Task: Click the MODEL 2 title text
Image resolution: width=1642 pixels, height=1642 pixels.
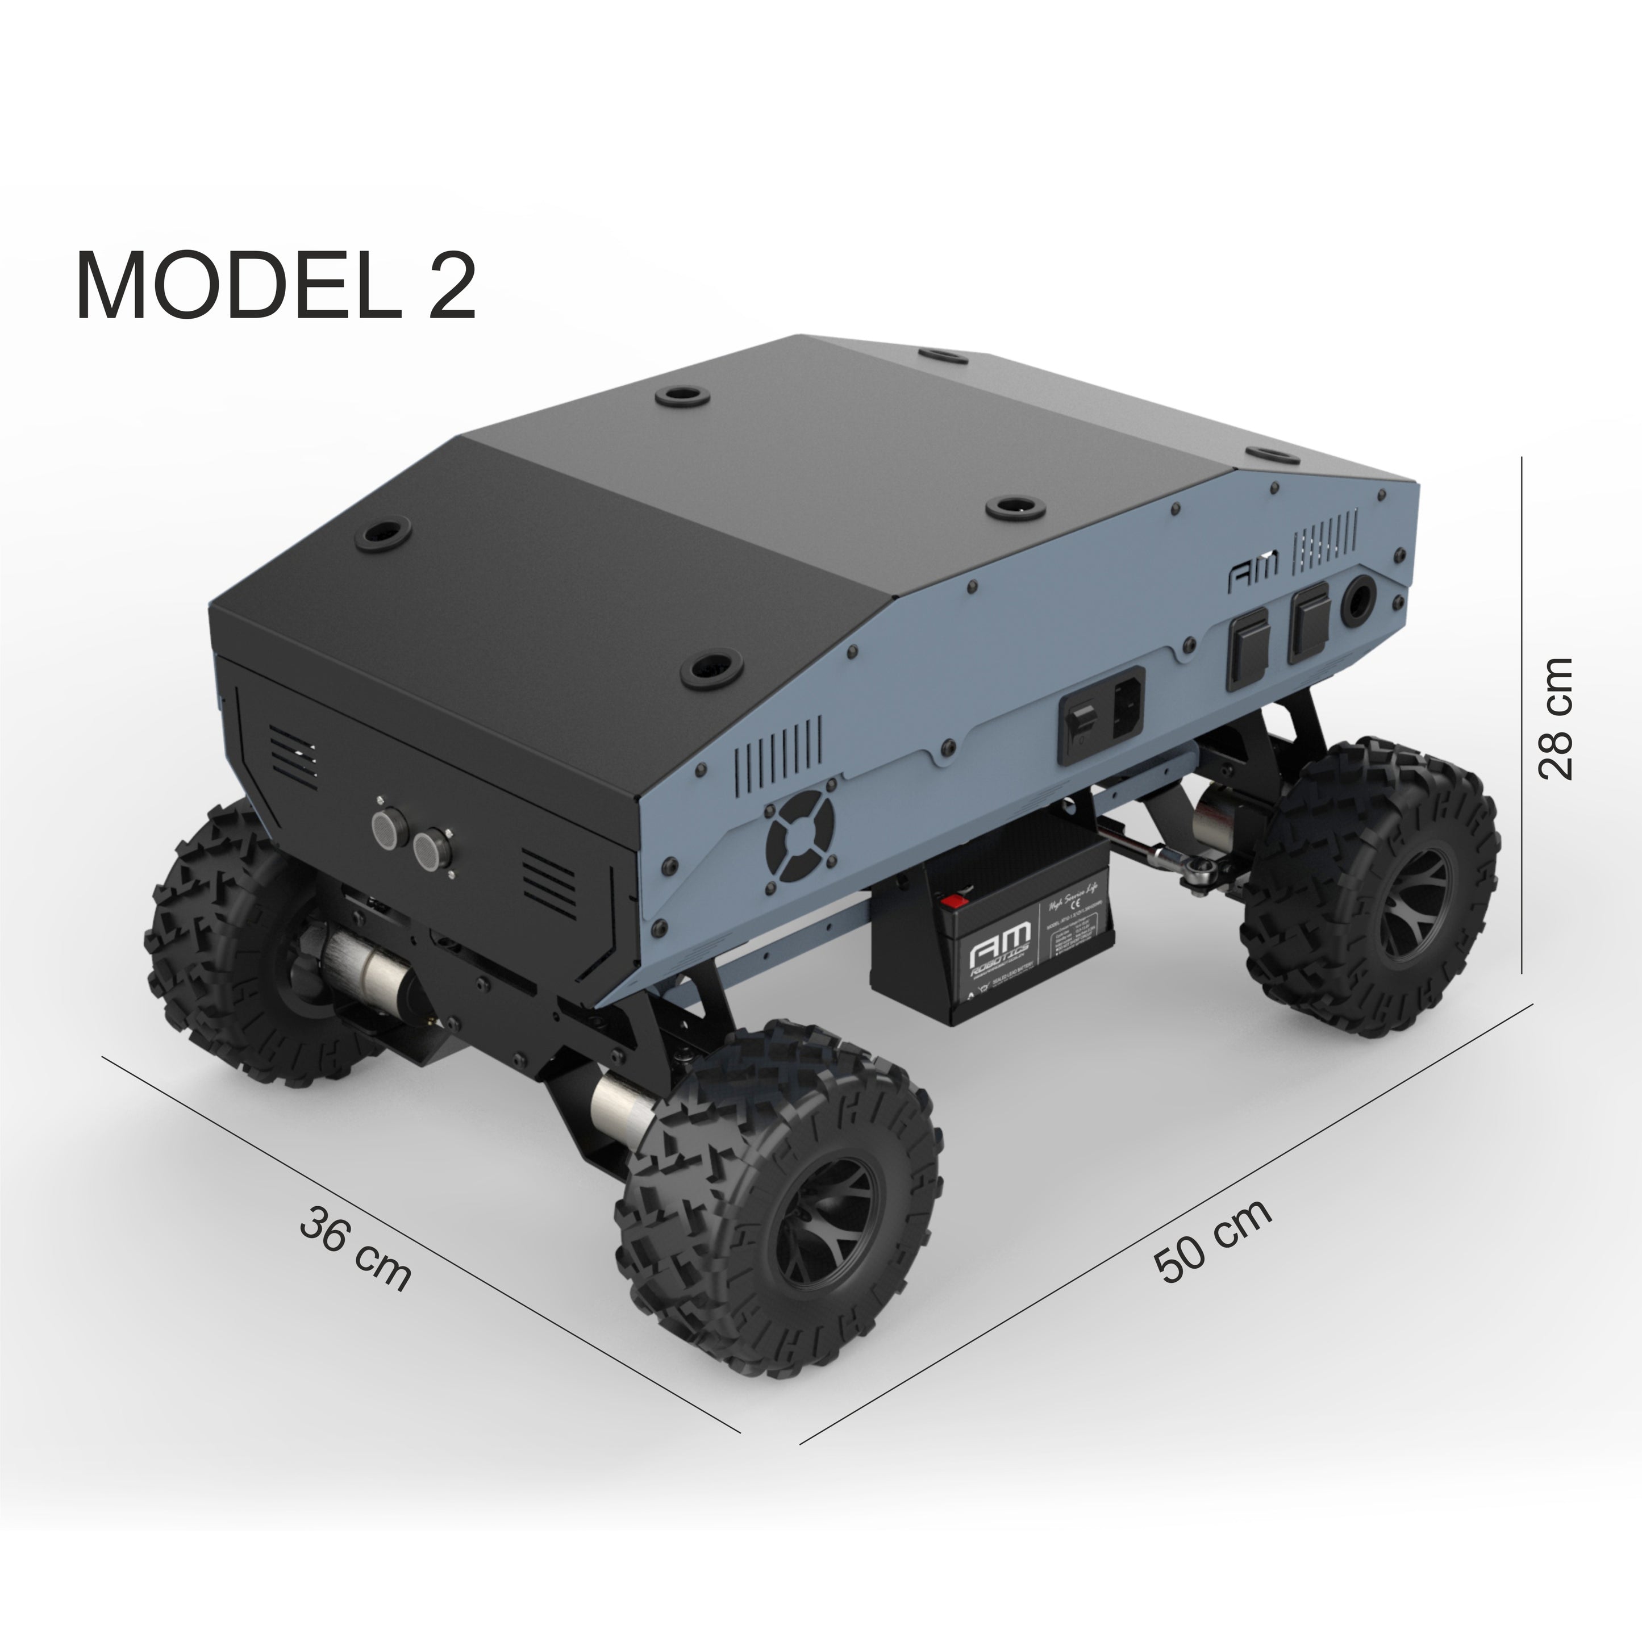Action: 276,286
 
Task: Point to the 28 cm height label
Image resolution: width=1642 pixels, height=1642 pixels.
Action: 1555,718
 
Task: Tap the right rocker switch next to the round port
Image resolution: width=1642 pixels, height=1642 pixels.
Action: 1309,624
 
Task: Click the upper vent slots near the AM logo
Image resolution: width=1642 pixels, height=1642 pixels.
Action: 1324,541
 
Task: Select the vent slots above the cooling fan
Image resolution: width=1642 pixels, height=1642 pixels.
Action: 778,746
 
